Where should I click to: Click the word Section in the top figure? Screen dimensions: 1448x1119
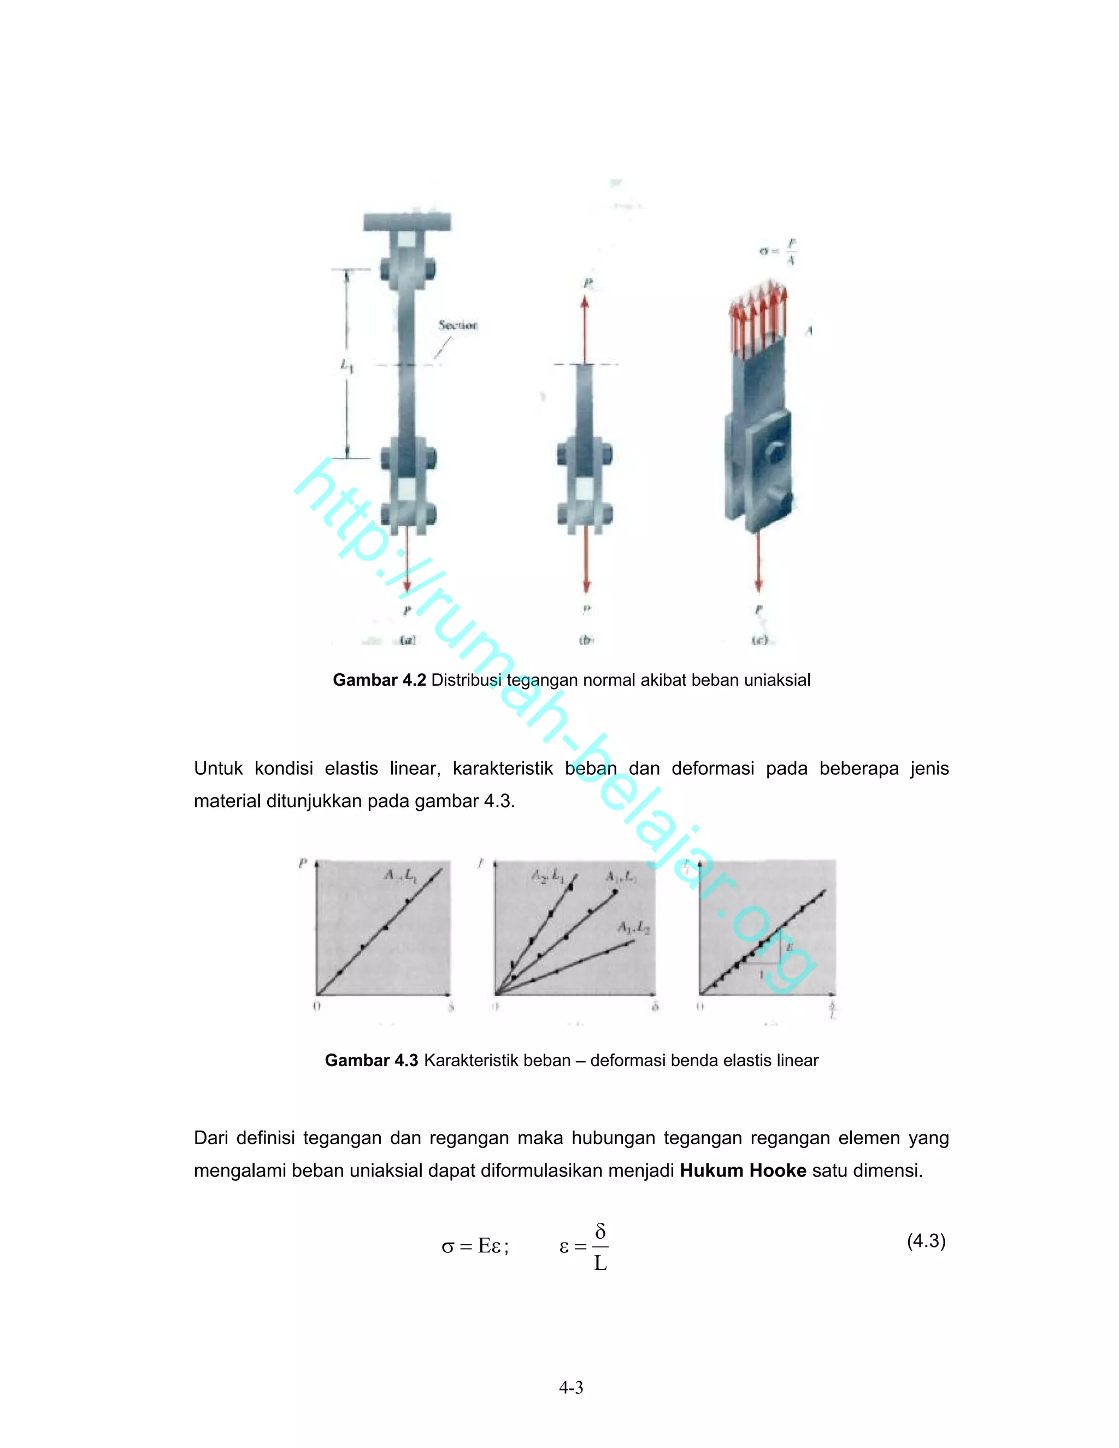[457, 325]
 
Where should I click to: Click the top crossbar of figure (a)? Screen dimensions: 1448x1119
[407, 221]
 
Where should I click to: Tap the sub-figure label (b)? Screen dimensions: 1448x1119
[586, 640]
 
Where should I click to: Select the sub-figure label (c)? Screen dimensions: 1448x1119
[759, 640]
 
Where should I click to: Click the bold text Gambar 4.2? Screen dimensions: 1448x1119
[379, 680]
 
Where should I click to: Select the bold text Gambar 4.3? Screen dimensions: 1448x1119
[371, 1060]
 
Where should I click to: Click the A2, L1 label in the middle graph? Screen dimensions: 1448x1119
[547, 876]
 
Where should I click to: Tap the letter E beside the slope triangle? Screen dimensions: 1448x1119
[790, 948]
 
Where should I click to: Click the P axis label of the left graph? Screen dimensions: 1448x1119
[303, 863]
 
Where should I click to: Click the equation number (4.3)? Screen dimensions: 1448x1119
[926, 1240]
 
